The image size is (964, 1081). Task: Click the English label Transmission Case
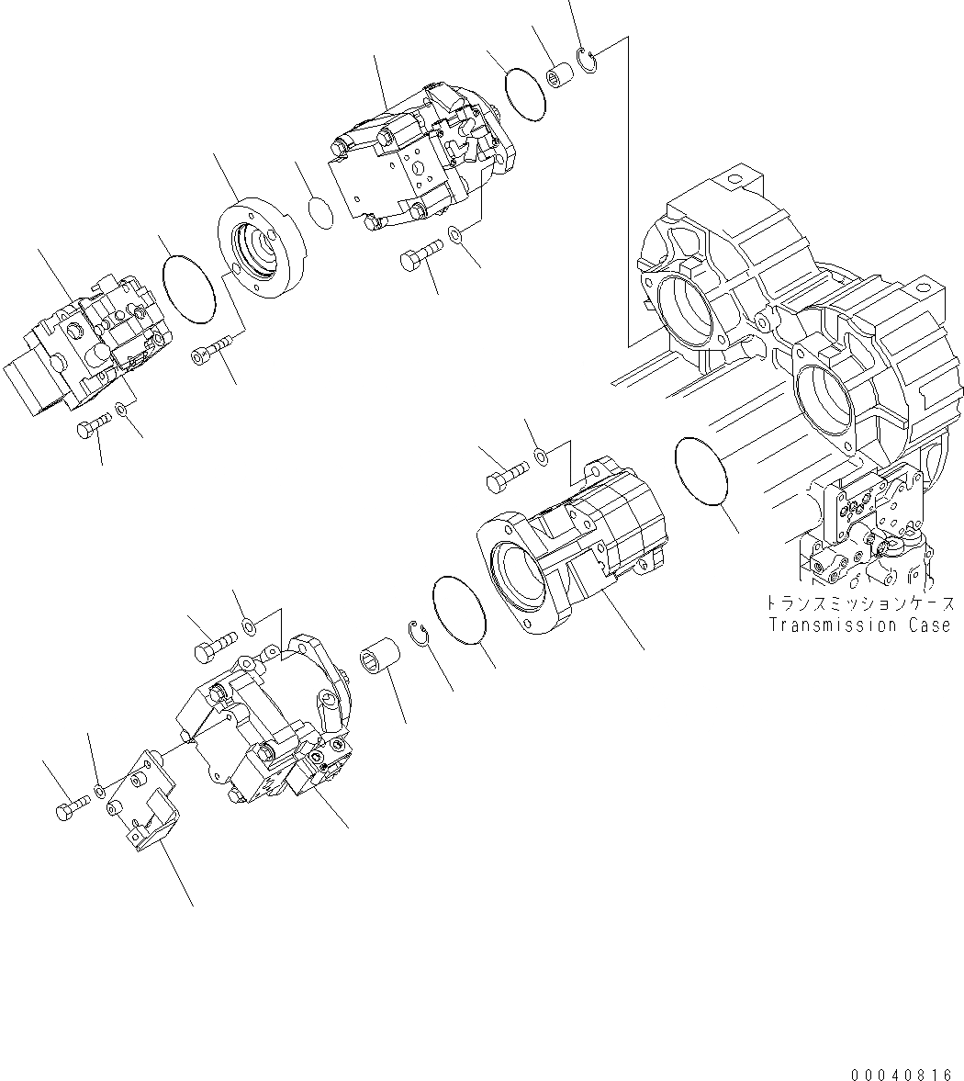859,625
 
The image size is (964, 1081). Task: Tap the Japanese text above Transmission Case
859,604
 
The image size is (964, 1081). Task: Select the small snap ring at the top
588,62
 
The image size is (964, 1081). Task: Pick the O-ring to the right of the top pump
527,93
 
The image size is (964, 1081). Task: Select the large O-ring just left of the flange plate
188,289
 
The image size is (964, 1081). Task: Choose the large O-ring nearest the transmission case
701,471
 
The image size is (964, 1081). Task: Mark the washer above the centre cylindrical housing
542,455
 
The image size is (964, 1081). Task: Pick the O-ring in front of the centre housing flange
459,610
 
